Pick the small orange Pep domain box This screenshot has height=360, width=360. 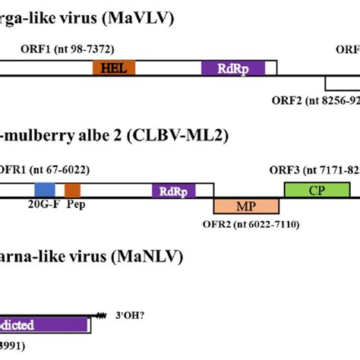72,189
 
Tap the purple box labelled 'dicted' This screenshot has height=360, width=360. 45,325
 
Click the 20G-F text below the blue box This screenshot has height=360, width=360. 41,204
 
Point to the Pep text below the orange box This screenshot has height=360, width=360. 74,204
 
